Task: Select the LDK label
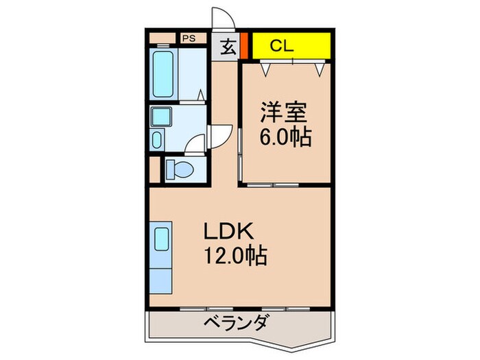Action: coord(225,231)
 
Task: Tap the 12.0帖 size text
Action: coord(233,257)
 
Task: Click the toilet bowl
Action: coord(180,169)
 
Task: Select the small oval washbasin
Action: coord(156,141)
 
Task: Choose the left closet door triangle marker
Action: coord(265,68)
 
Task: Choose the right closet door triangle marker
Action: coord(318,68)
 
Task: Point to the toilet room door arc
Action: coord(198,143)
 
